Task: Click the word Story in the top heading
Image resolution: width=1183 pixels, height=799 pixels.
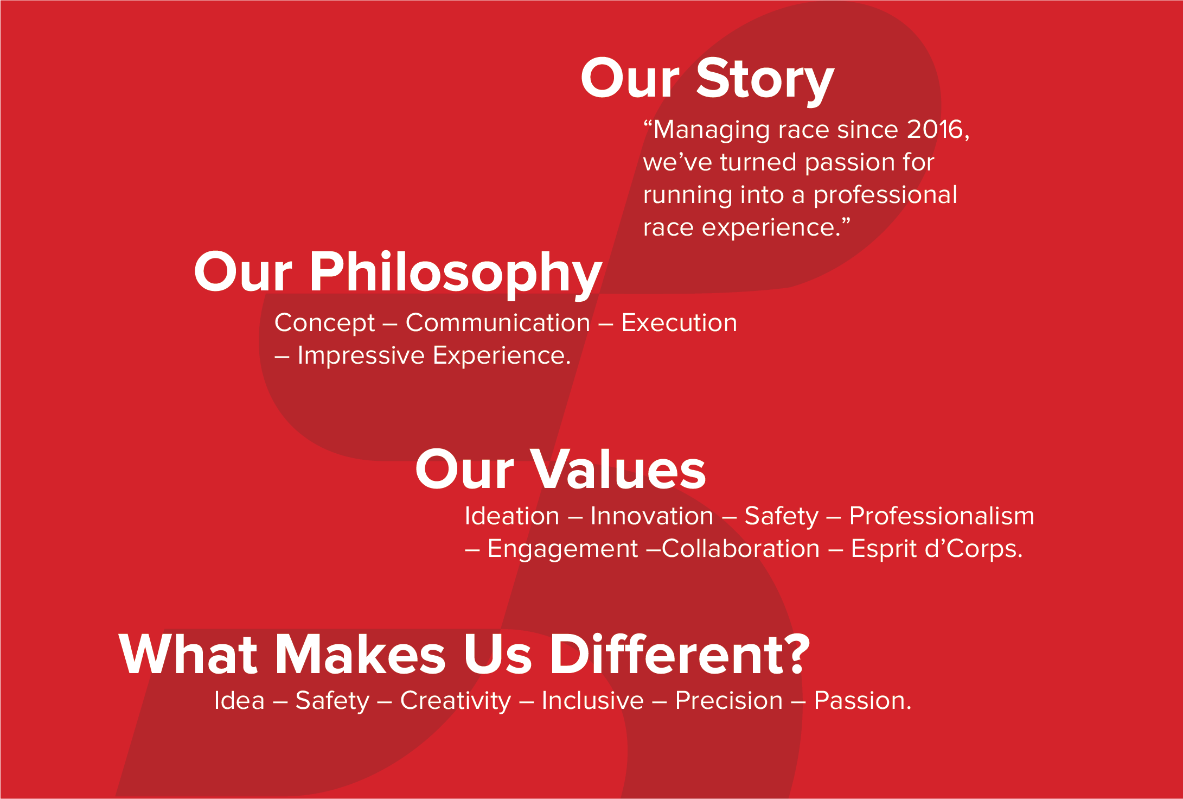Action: (765, 80)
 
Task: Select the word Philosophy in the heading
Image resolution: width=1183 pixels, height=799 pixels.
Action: (456, 272)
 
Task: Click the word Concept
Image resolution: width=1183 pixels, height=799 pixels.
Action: (324, 323)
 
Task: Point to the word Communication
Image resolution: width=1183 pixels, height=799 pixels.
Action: (497, 323)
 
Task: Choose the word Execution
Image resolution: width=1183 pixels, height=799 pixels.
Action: (679, 323)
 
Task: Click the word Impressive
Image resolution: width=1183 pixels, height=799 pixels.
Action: (361, 356)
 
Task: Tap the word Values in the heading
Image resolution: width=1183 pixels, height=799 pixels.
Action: (618, 470)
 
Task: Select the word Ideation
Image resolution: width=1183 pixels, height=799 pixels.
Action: (511, 516)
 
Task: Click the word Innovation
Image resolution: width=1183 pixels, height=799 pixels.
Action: (651, 516)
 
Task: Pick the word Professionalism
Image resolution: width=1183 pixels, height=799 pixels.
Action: (941, 516)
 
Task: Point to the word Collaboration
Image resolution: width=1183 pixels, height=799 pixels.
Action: (740, 548)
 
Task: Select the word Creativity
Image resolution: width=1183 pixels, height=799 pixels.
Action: (455, 701)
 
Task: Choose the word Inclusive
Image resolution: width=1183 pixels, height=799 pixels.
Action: (592, 701)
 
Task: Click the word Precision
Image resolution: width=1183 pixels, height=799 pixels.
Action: (728, 701)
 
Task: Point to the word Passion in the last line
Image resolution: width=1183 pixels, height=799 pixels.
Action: (861, 701)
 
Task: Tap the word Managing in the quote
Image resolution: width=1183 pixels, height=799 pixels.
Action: (711, 130)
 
